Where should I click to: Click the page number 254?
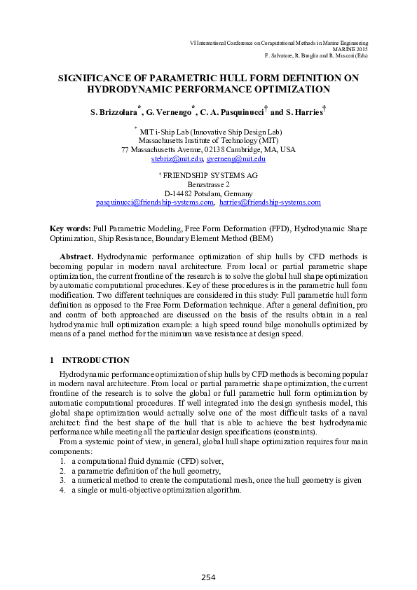coord(208,577)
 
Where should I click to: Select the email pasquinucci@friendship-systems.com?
coord(155,202)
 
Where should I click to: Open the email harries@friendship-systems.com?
coord(270,202)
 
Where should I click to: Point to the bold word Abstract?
coord(76,257)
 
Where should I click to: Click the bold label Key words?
coord(70,228)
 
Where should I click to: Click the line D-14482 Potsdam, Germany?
coord(208,193)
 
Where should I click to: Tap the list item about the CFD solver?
coord(147,461)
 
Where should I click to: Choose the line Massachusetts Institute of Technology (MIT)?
coord(208,140)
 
